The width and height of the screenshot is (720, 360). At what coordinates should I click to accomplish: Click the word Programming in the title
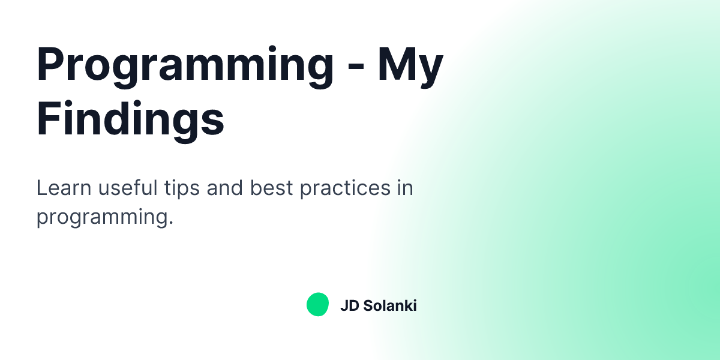pos(185,65)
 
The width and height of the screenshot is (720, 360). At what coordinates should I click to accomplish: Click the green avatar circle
pos(317,305)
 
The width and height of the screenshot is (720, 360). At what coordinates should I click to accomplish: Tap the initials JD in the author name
pos(349,305)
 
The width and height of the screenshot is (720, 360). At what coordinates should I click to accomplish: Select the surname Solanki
pos(390,305)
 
